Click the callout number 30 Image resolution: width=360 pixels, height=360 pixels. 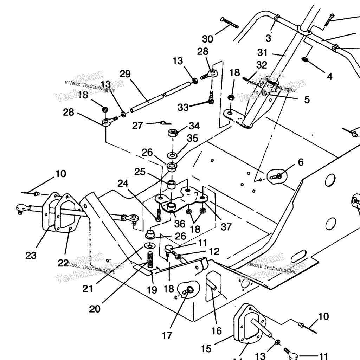(x=208, y=39)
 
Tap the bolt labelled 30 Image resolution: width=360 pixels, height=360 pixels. (x=230, y=22)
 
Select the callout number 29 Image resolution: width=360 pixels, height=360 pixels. (x=125, y=74)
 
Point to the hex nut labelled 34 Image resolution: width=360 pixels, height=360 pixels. (x=172, y=133)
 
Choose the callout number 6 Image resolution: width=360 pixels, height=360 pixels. (x=300, y=162)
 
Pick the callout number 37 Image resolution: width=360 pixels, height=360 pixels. (x=226, y=227)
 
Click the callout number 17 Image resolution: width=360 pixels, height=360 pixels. (x=167, y=335)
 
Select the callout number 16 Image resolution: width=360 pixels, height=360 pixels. (x=217, y=330)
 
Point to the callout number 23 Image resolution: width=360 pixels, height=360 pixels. (x=31, y=255)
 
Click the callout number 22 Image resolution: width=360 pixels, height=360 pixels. (x=63, y=263)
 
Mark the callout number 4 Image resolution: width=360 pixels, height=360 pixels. (x=329, y=76)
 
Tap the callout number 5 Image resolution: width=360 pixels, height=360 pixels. (x=307, y=99)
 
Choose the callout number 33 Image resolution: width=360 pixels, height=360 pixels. (x=183, y=107)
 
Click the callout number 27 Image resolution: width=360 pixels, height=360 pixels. (x=138, y=126)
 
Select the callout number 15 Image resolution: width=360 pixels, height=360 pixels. (x=206, y=349)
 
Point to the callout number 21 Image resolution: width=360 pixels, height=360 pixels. (x=88, y=288)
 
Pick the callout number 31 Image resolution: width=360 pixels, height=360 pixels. (x=262, y=53)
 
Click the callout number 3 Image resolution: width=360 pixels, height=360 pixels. (x=268, y=38)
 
